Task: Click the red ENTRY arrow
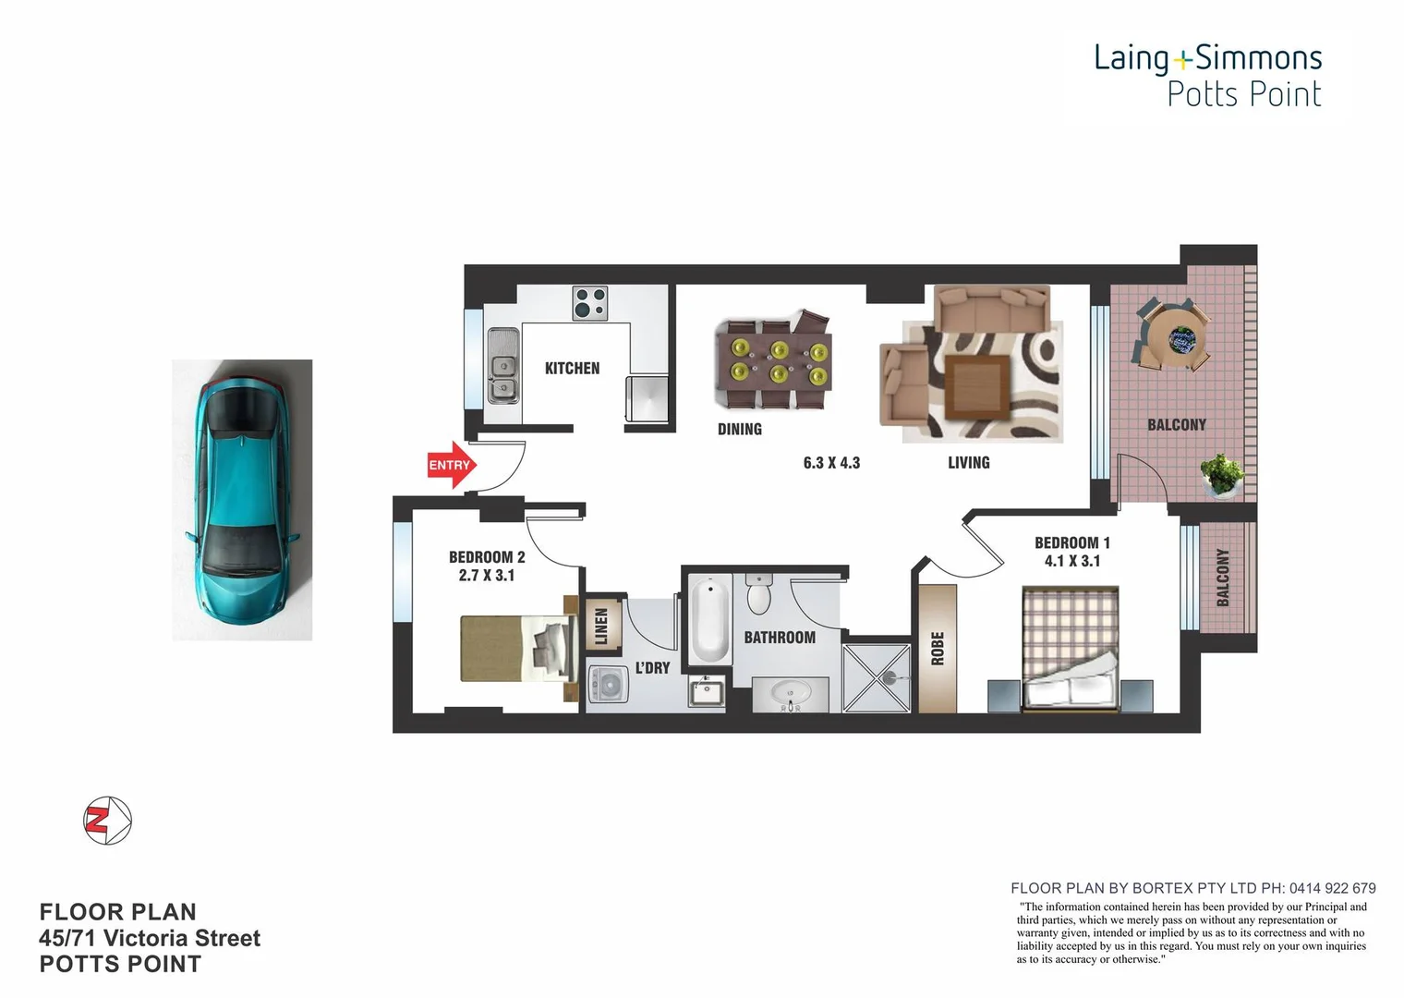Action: pyautogui.click(x=451, y=466)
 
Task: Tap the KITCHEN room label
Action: pyautogui.click(x=572, y=368)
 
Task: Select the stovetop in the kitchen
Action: pyautogui.click(x=589, y=302)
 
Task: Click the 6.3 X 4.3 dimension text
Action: pyautogui.click(x=831, y=462)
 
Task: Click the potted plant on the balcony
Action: pyautogui.click(x=1223, y=475)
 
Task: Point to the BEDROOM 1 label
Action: pyautogui.click(x=1071, y=542)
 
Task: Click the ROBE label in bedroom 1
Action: pyautogui.click(x=938, y=648)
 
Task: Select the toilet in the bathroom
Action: pyautogui.click(x=759, y=594)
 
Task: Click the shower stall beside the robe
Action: pyautogui.click(x=877, y=677)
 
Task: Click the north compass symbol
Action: pyautogui.click(x=108, y=820)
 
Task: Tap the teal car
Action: pyautogui.click(x=241, y=499)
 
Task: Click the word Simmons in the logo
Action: pyautogui.click(x=1258, y=58)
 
